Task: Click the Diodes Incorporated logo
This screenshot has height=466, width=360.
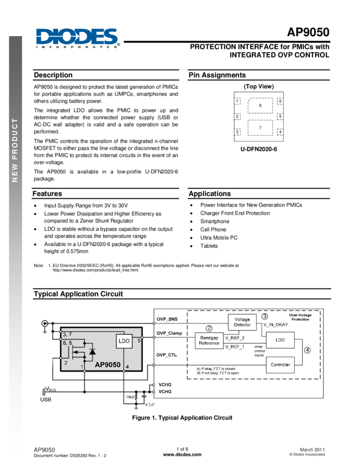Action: tap(78, 38)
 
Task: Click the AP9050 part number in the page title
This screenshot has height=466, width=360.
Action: tap(308, 32)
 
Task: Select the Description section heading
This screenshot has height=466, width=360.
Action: tap(53, 75)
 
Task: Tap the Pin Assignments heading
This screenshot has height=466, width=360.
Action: tap(217, 75)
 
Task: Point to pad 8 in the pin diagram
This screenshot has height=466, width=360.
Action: tap(260, 105)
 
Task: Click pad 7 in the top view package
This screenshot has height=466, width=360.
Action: tap(260, 128)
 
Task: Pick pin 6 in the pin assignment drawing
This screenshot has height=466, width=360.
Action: tap(280, 101)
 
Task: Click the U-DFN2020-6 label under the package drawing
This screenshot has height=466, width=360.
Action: tap(259, 149)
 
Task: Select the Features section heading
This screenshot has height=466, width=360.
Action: tap(47, 194)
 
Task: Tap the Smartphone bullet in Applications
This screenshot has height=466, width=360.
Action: tap(215, 221)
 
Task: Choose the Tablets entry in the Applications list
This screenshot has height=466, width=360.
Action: tap(209, 246)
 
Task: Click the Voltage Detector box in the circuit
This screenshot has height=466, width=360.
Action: tap(242, 322)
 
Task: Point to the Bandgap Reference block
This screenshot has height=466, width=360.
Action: tap(209, 340)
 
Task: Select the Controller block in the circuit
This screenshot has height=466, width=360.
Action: tap(280, 365)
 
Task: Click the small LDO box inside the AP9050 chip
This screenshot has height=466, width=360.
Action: tap(124, 341)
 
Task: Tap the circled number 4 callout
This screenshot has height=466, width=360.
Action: tap(307, 350)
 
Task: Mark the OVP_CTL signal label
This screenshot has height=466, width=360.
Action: tap(167, 355)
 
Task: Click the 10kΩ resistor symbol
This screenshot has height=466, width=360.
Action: tap(136, 397)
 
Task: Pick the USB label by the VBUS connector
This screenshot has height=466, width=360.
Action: tap(45, 400)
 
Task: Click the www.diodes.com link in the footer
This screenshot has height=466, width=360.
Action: tap(182, 454)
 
